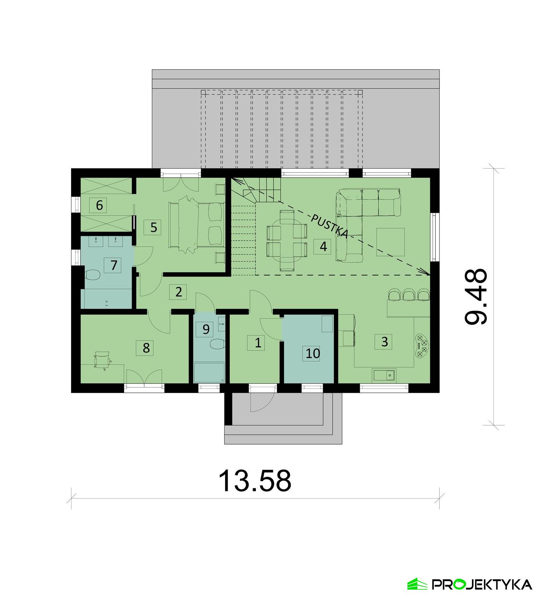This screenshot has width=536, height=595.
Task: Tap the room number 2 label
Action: (x=179, y=292)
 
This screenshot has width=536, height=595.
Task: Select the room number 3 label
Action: (x=384, y=341)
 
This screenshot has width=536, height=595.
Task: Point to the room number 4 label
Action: (x=323, y=246)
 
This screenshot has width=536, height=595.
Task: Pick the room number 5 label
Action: (x=153, y=227)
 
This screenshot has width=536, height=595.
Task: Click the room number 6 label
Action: (x=99, y=205)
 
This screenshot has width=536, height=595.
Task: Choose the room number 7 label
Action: (x=114, y=265)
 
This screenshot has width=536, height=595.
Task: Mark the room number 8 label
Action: (x=146, y=347)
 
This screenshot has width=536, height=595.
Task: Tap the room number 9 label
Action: (x=205, y=329)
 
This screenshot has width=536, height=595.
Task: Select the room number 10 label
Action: (x=313, y=353)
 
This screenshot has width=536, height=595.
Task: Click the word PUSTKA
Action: (x=329, y=226)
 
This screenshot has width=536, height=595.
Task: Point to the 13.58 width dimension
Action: (x=255, y=481)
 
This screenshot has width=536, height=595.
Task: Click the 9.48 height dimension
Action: (x=476, y=296)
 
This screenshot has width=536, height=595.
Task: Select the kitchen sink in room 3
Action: (x=384, y=375)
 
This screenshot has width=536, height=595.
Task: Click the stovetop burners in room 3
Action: (x=422, y=345)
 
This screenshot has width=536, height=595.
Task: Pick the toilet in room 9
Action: (x=217, y=344)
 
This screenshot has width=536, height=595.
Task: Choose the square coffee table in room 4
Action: (x=391, y=242)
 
